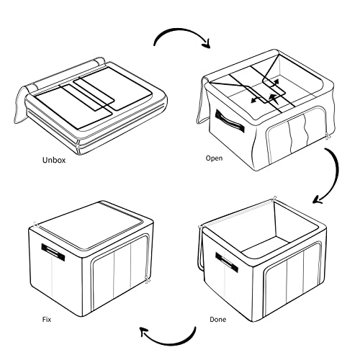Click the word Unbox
[x=54, y=160]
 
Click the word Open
[x=214, y=158]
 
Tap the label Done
[x=217, y=320]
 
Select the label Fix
[x=47, y=320]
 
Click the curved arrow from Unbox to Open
[x=180, y=30]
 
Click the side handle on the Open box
[x=230, y=122]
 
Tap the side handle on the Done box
[x=227, y=262]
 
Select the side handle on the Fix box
[x=53, y=252]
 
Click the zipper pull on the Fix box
[x=147, y=280]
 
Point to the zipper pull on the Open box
[x=328, y=137]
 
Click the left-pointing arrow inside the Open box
[x=258, y=100]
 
